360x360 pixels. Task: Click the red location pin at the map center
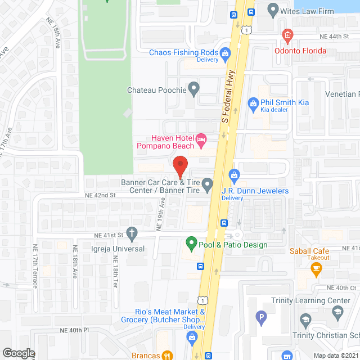180,168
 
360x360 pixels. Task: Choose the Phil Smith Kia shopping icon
253,103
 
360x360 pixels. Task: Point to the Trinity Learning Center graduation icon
337,312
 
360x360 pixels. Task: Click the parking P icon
260,318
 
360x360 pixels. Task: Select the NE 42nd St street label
100,195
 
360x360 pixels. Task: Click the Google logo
18,353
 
